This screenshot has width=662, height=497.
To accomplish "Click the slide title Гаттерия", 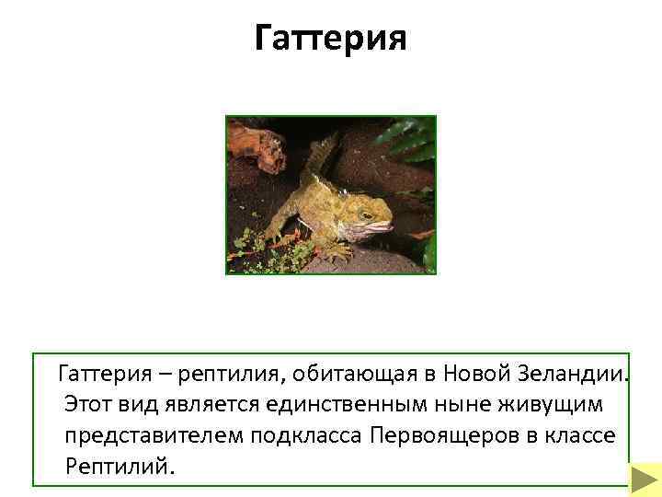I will pyautogui.click(x=329, y=40).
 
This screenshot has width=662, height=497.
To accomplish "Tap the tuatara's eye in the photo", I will pyautogui.click(x=366, y=214).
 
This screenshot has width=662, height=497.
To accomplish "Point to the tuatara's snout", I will pyautogui.click(x=387, y=224).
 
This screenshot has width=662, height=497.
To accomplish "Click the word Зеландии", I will pyautogui.click(x=576, y=375).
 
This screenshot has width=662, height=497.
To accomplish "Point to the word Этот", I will pyautogui.click(x=92, y=404).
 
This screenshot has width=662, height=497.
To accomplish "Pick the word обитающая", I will pyautogui.click(x=348, y=375).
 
